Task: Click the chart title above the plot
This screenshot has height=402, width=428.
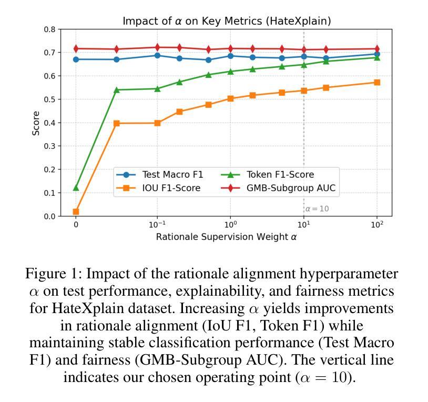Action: coord(227,21)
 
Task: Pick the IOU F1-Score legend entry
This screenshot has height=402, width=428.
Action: coord(171,188)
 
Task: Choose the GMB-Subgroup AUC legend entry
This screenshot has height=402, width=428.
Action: coord(290,188)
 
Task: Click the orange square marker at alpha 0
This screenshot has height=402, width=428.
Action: coord(76,212)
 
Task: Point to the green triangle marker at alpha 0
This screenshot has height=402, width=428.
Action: coord(76,188)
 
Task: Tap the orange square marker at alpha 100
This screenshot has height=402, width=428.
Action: coord(377,83)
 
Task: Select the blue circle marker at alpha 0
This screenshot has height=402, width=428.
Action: coord(76,59)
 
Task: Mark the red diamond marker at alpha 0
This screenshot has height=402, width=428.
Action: coord(76,49)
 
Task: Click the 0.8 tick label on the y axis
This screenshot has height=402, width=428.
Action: coord(50,29)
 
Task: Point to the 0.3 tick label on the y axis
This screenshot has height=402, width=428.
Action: coord(50,146)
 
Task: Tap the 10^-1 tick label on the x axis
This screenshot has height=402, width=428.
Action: coord(157,224)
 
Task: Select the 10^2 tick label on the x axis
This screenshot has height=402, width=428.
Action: coord(377,224)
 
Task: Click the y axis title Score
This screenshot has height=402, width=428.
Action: coord(36,123)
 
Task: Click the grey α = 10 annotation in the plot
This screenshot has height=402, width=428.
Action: coord(317,209)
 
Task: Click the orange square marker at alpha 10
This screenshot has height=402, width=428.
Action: coord(304,91)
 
